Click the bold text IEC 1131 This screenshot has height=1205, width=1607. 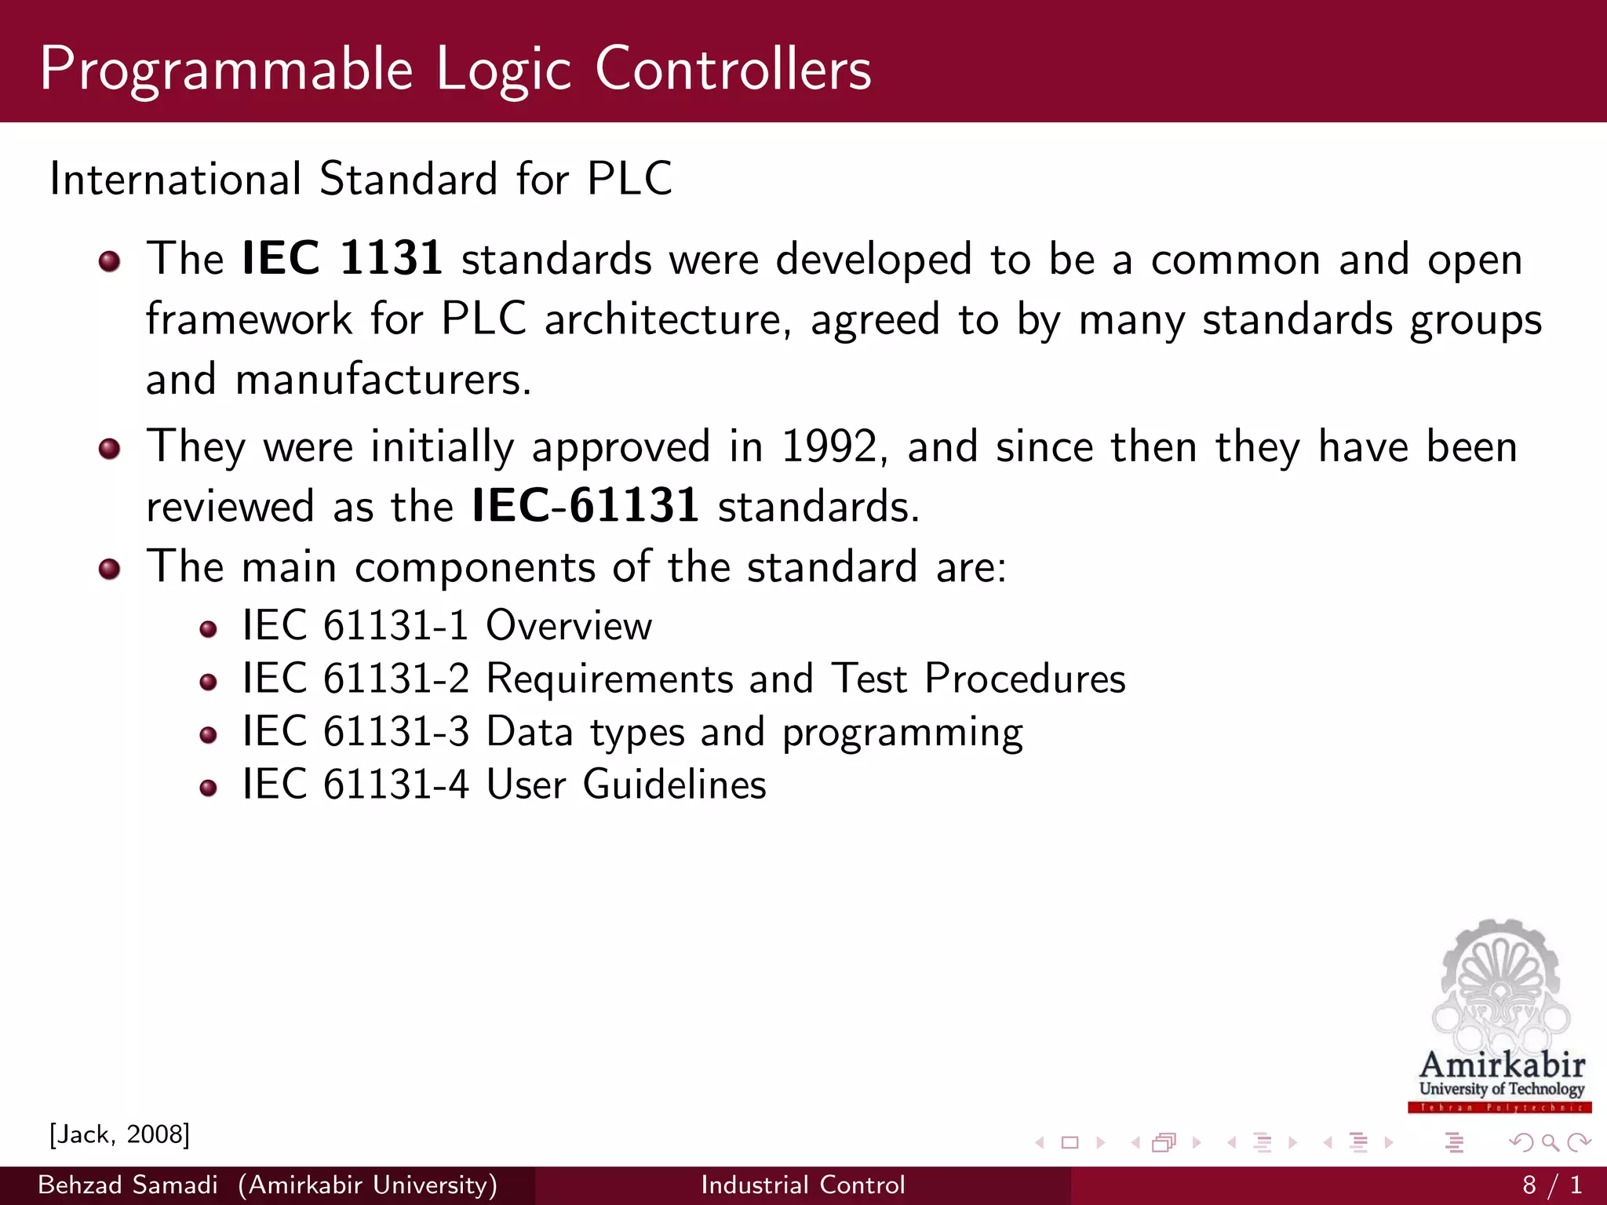tap(342, 258)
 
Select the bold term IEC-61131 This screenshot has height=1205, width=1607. tap(585, 505)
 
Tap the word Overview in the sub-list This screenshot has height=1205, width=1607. tap(569, 626)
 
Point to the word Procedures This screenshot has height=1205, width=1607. tap(1025, 679)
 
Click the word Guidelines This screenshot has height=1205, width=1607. tap(674, 785)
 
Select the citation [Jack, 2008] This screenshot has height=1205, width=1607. tap(119, 1134)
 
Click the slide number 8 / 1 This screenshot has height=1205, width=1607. tap(1552, 1185)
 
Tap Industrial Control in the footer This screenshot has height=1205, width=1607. tap(803, 1185)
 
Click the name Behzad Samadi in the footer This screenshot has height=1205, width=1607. tap(128, 1185)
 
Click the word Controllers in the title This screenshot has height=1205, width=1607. tap(733, 69)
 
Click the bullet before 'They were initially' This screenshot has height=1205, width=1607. tap(110, 449)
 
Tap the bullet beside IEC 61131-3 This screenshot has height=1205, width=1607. tap(208, 735)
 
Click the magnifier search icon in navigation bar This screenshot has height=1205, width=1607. tap(1550, 1142)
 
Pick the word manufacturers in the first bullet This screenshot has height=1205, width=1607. tap(383, 380)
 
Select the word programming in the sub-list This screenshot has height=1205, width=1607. tap(902, 734)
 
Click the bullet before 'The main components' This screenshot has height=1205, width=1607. tap(110, 569)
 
